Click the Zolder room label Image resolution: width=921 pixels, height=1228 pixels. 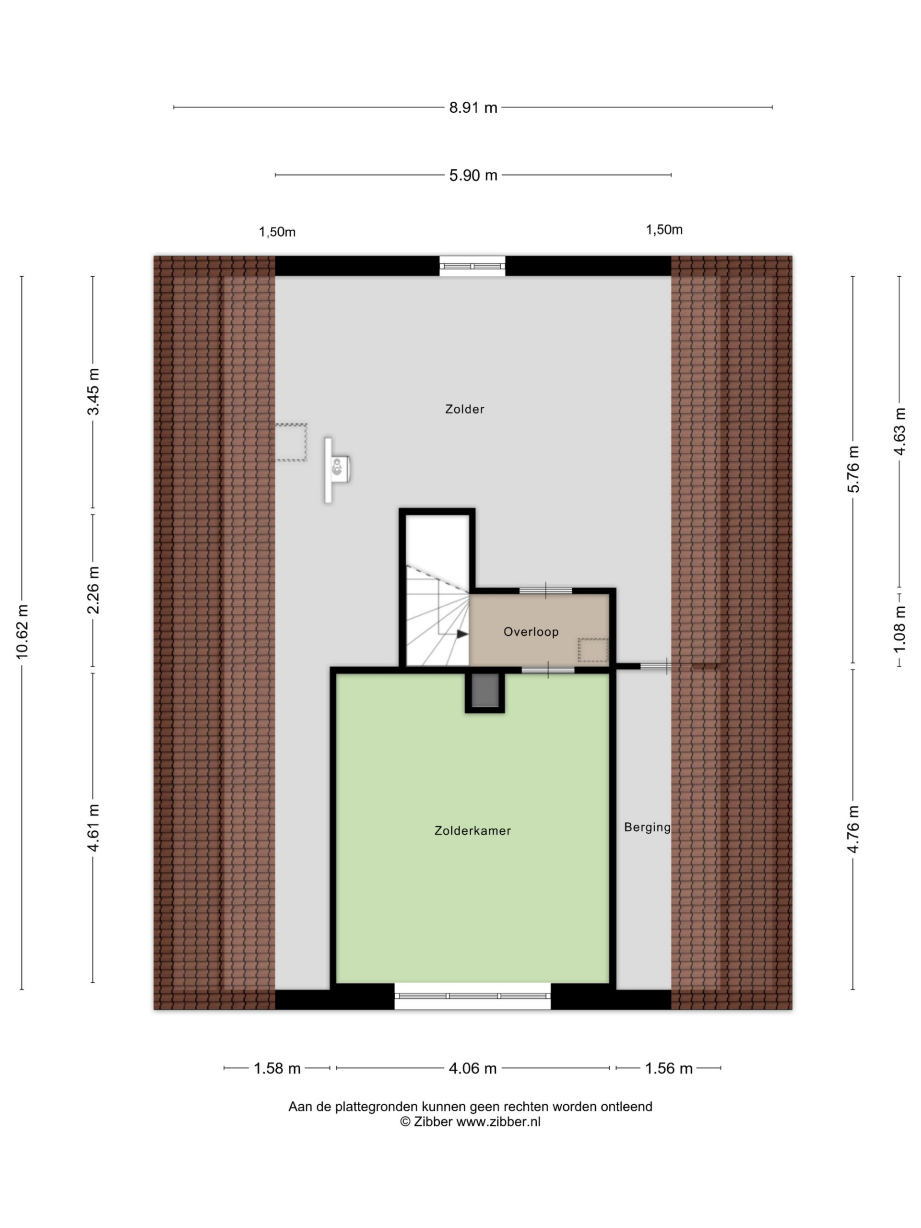tap(464, 409)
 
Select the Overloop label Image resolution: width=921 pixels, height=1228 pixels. tap(531, 632)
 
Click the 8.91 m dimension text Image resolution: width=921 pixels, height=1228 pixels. tap(473, 108)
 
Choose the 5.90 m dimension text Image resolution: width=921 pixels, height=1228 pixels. tap(473, 176)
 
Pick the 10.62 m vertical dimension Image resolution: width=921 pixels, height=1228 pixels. tap(22, 632)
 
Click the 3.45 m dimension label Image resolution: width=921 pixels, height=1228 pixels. tap(93, 391)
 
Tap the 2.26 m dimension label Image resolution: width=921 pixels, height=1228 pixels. tap(93, 590)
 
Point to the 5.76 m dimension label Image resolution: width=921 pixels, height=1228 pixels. tap(853, 469)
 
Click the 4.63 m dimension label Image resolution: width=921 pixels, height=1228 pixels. tap(899, 431)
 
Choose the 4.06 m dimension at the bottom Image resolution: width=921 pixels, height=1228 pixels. tap(472, 1068)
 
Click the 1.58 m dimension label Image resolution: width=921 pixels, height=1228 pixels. tap(277, 1068)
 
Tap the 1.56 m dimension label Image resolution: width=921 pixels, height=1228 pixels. tap(668, 1068)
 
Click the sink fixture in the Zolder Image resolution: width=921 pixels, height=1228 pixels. tap(337, 470)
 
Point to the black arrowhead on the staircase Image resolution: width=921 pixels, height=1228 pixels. tap(462, 634)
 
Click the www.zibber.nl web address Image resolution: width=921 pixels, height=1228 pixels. tap(498, 1122)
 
